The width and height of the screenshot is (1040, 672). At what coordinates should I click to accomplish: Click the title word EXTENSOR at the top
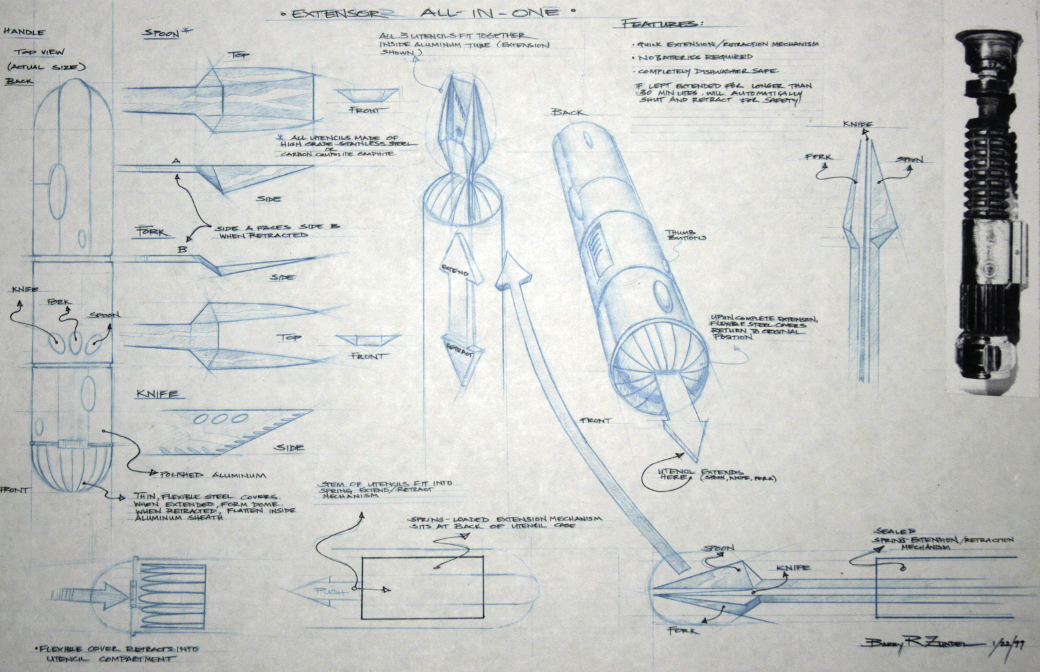click(331, 13)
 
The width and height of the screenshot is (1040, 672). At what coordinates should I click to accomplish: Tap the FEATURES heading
click(662, 24)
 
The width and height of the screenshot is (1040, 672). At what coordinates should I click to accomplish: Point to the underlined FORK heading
click(151, 232)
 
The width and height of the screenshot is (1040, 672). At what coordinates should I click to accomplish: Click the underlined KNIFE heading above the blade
click(157, 394)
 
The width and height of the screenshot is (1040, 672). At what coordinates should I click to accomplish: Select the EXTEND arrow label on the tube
click(455, 270)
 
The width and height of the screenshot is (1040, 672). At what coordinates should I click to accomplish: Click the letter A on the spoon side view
click(175, 161)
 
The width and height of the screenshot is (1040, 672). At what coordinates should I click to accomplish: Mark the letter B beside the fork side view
click(184, 248)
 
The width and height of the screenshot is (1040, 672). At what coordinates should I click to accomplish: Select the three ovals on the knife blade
click(216, 418)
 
